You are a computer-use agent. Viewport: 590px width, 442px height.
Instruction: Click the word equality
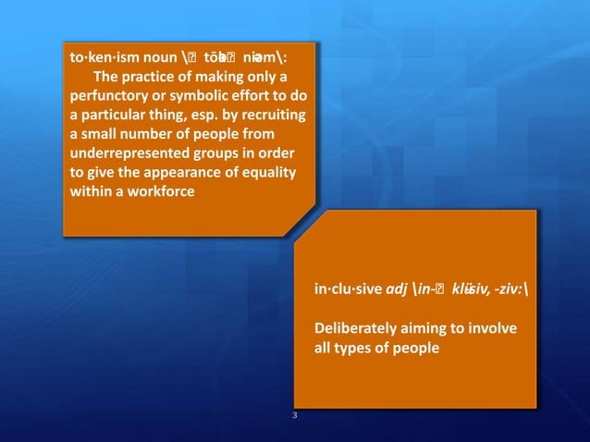[264, 174]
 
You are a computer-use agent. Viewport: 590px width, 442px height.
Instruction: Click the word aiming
[430, 329]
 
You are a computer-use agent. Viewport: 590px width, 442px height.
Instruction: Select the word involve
[494, 329]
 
